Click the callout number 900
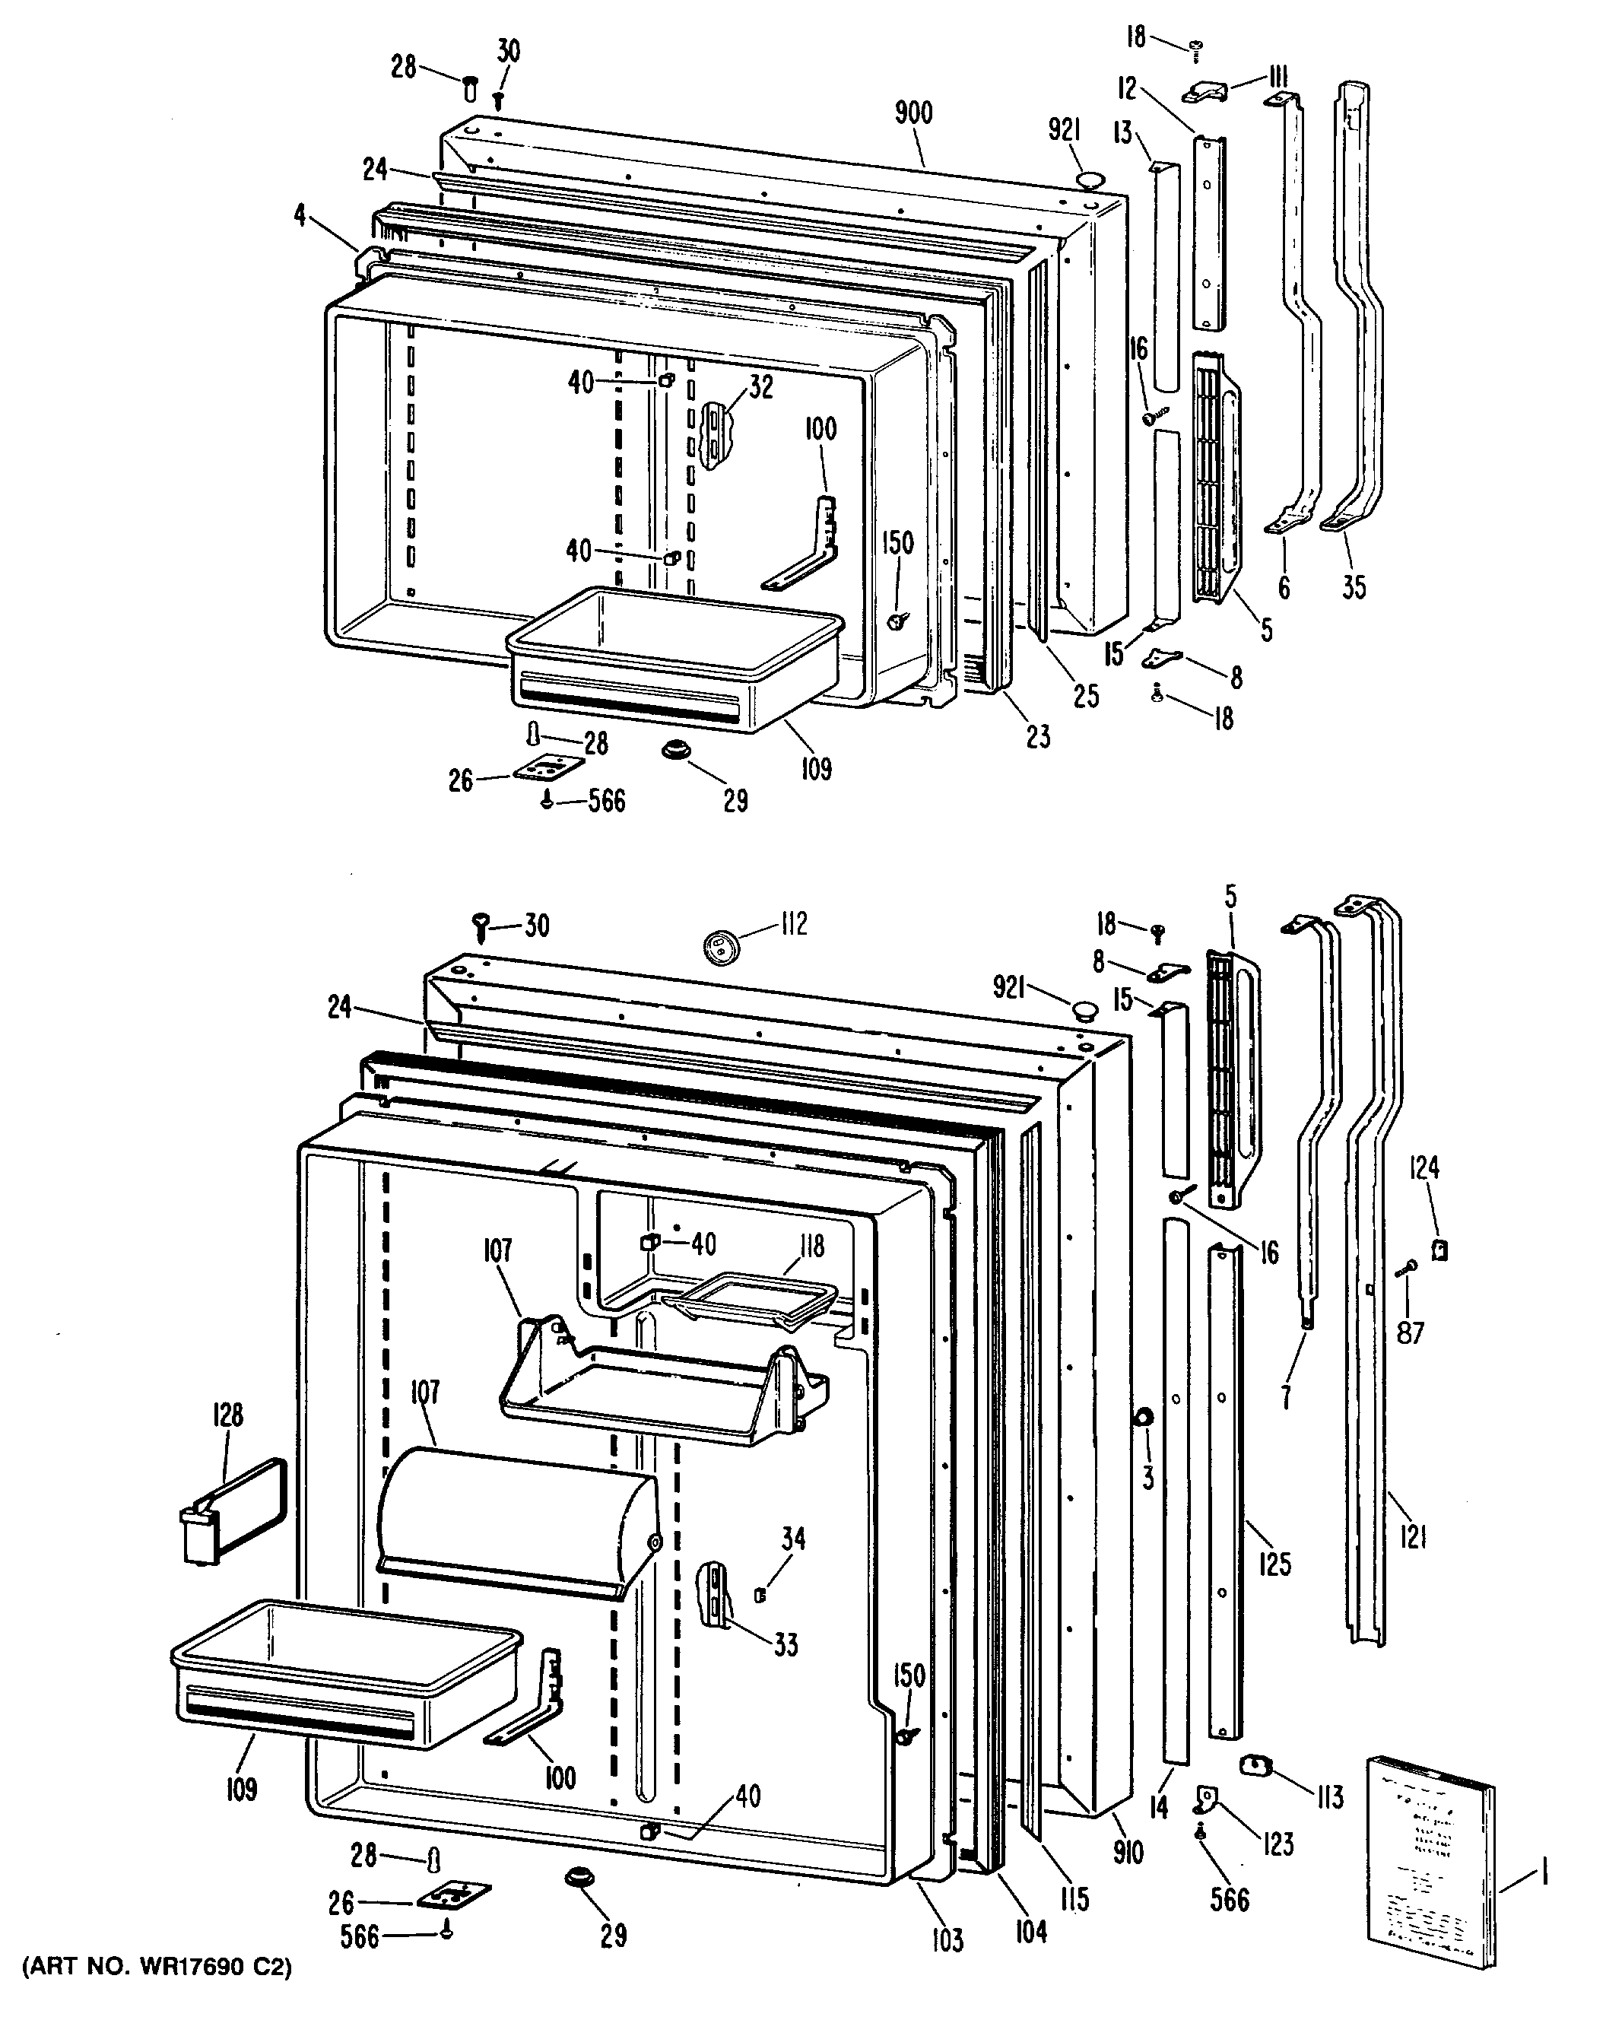(x=912, y=113)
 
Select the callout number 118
(x=811, y=1245)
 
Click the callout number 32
(x=761, y=387)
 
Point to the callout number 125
(x=1274, y=1563)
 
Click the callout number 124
(x=1425, y=1167)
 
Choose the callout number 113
(x=1328, y=1796)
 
